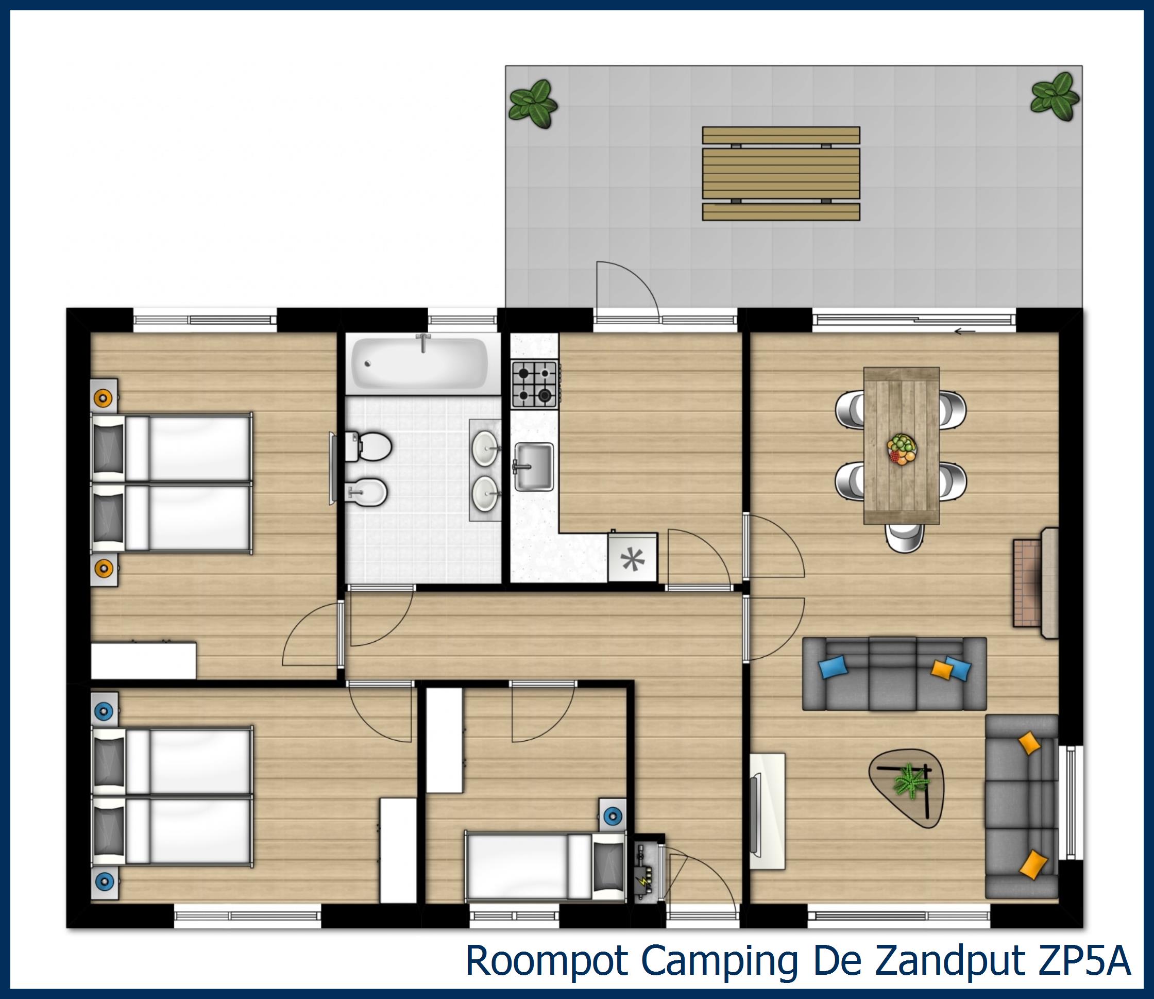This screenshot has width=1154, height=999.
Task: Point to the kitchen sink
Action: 534,466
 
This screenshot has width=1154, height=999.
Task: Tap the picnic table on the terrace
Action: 780,173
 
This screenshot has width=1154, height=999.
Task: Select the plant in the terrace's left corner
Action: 533,104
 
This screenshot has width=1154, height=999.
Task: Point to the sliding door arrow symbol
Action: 964,331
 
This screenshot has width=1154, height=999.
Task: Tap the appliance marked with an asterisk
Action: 632,559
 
